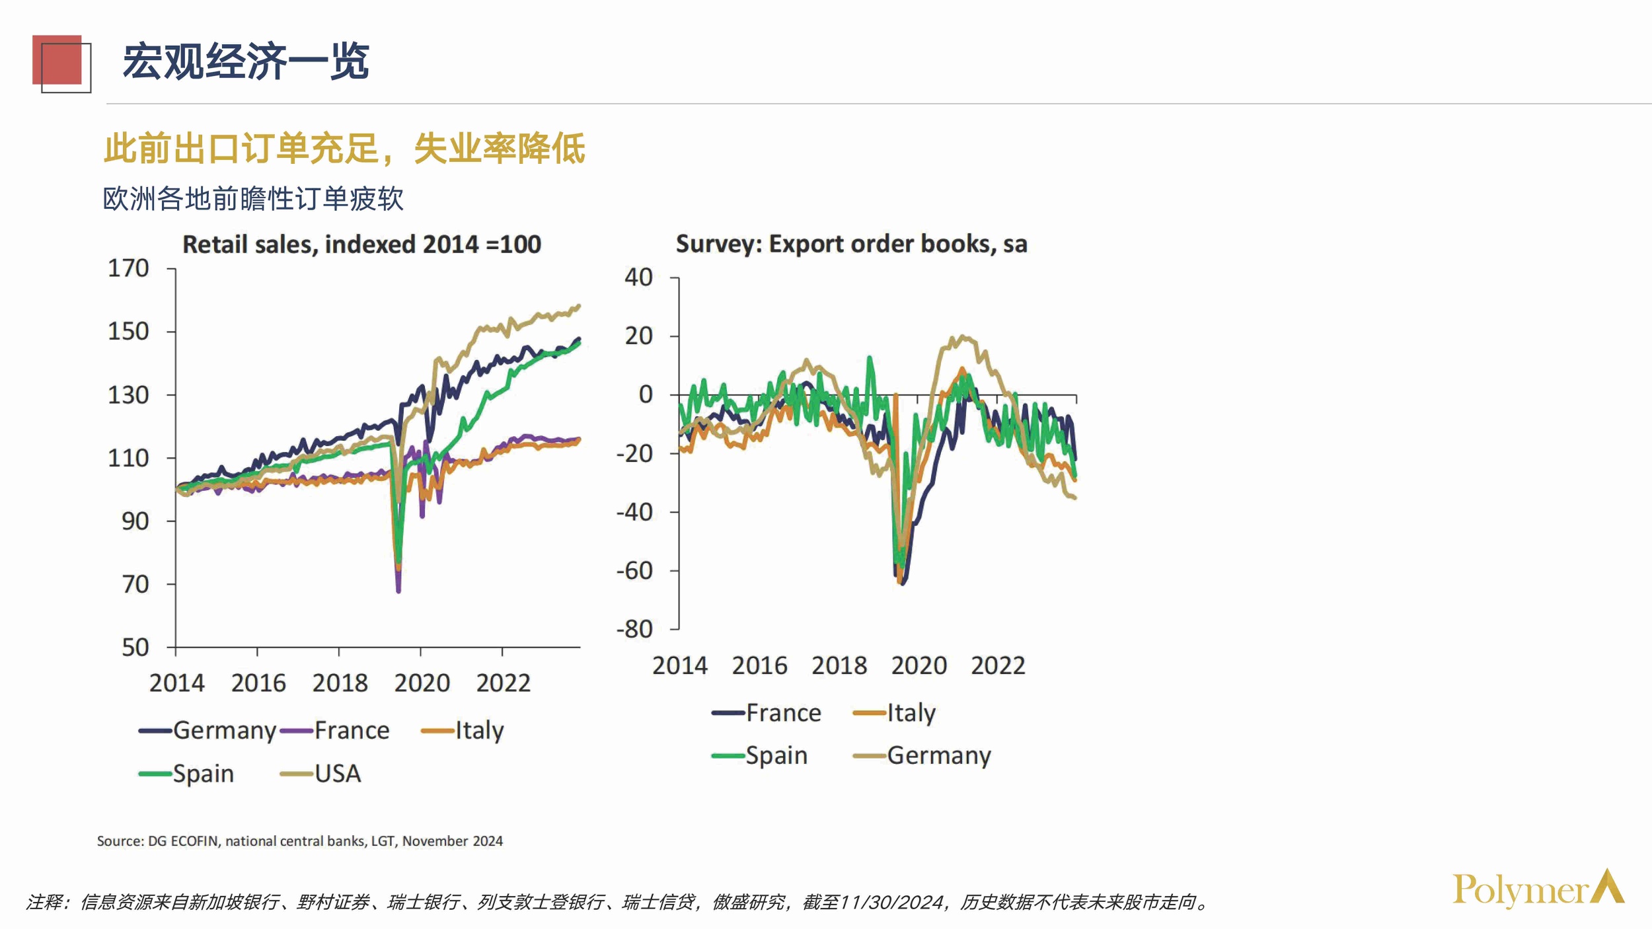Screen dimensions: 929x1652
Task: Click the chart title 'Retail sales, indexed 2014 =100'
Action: [x=361, y=244]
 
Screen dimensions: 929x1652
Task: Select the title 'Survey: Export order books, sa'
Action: [x=851, y=244]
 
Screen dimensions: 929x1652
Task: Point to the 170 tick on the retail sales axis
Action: [x=129, y=268]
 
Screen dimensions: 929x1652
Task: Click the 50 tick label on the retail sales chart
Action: [x=135, y=647]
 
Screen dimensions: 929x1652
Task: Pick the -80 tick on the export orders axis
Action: [x=634, y=629]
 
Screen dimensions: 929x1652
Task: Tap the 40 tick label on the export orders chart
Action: [x=639, y=277]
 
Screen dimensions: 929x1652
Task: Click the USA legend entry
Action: [x=321, y=774]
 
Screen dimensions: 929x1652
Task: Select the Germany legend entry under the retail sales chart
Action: [x=207, y=731]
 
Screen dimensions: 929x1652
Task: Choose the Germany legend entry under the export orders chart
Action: [x=922, y=755]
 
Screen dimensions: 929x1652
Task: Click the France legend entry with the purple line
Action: [x=335, y=731]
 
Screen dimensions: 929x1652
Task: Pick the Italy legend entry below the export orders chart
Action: [x=895, y=713]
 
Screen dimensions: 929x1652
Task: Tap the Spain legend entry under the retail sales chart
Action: [x=187, y=774]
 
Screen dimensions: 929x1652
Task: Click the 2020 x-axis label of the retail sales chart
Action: [x=422, y=683]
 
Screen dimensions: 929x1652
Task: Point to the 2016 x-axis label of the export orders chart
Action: [x=759, y=665]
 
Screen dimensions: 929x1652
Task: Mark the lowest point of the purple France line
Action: [x=398, y=590]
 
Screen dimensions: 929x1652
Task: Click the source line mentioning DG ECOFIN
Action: [x=300, y=841]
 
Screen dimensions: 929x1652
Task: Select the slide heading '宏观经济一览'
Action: [x=246, y=61]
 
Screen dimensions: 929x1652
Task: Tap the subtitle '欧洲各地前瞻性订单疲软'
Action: [x=253, y=199]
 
